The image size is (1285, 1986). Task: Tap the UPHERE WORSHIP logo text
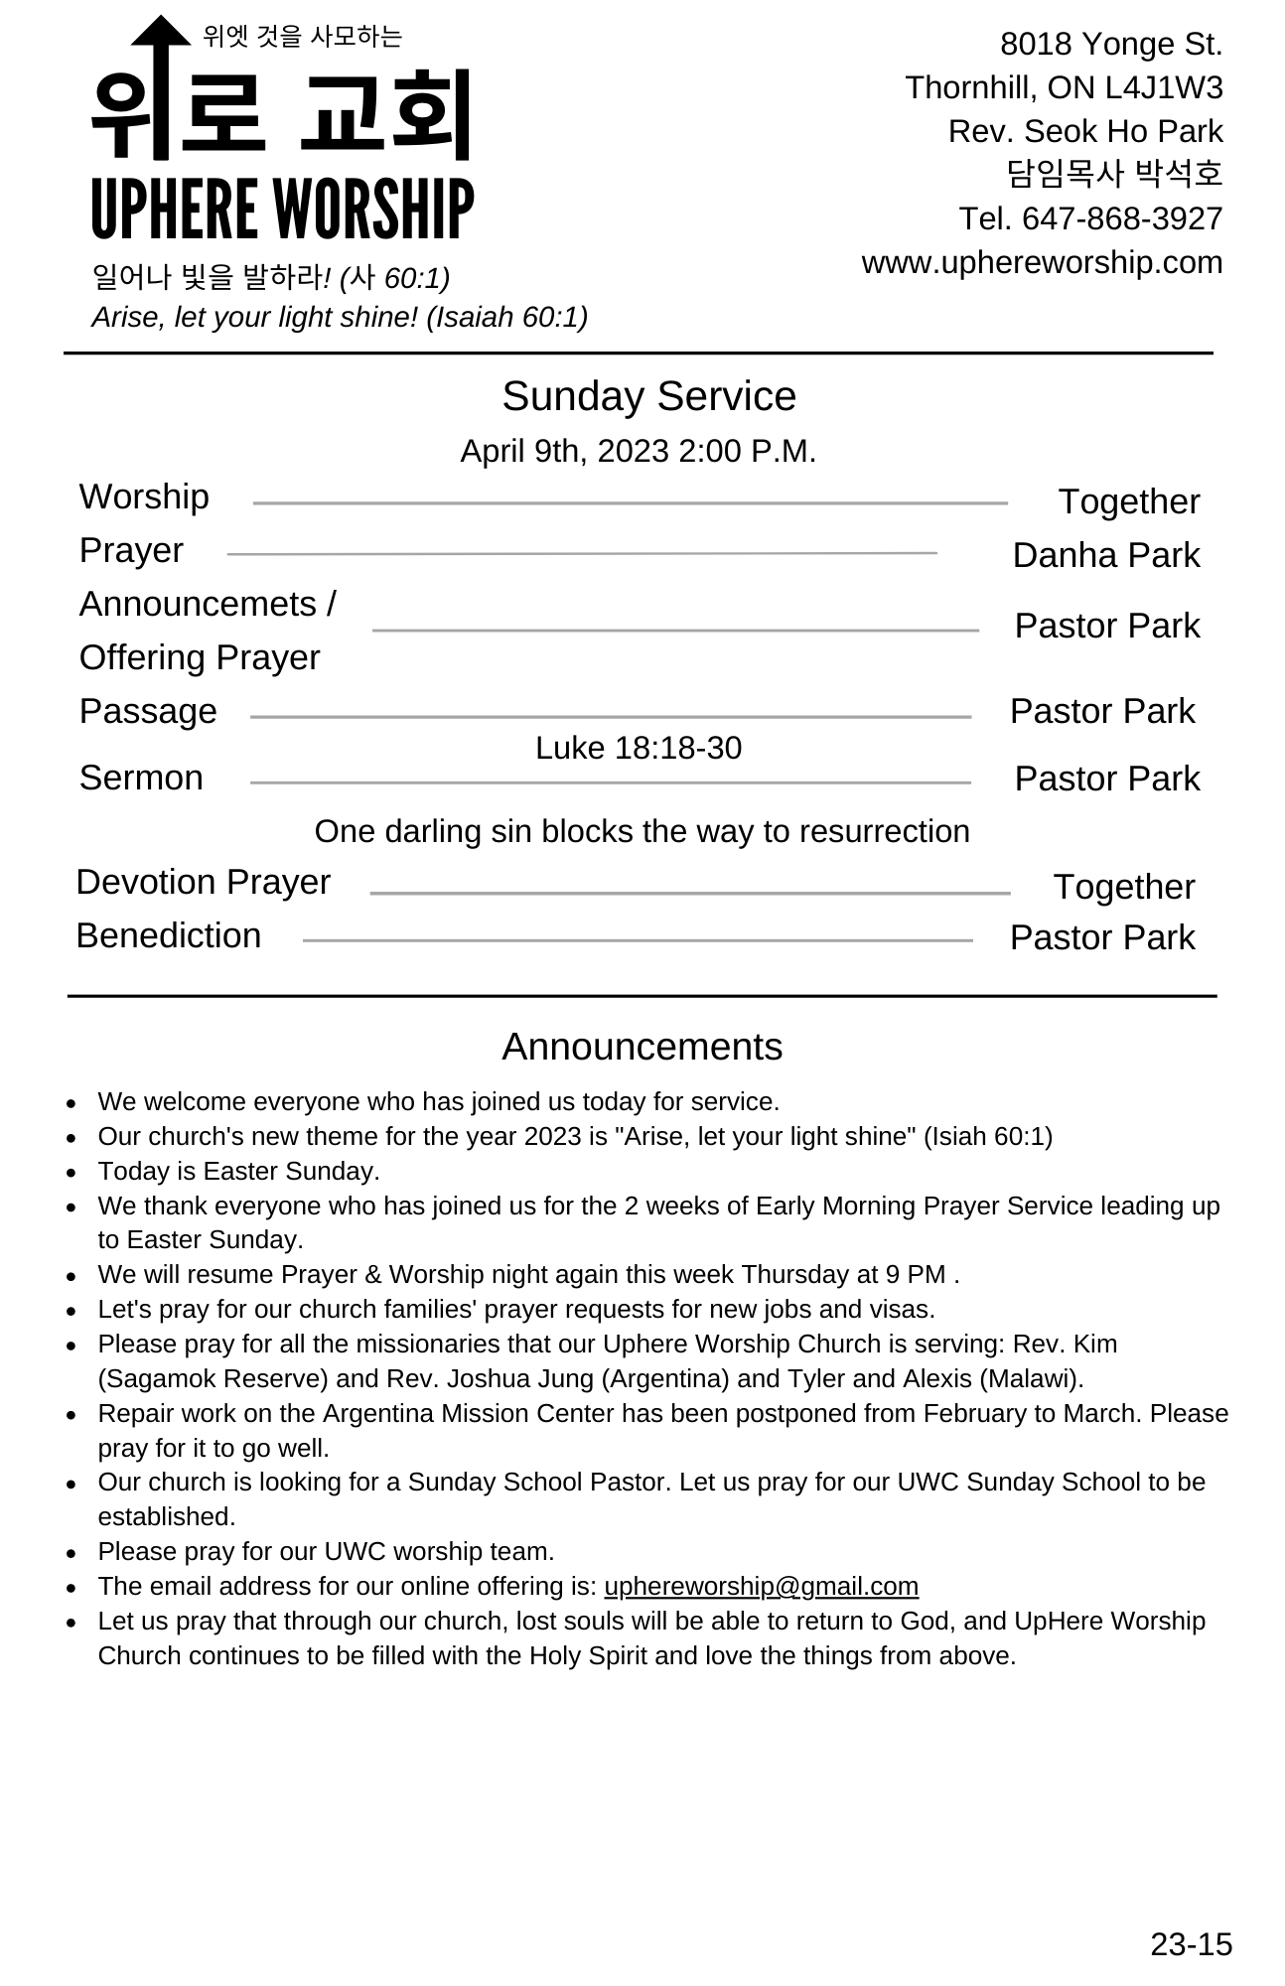(282, 209)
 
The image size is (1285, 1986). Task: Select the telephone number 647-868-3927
(1121, 218)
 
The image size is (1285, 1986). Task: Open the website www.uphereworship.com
(1042, 262)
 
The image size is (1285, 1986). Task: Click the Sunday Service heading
(648, 396)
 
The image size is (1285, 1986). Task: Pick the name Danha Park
(1105, 555)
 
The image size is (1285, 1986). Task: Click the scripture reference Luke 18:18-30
(638, 748)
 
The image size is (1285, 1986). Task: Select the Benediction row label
(168, 935)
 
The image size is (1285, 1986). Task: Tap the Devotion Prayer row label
(203, 882)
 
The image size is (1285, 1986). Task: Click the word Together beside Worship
(1128, 501)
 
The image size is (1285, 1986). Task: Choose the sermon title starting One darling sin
(642, 831)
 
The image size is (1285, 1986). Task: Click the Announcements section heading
(642, 1047)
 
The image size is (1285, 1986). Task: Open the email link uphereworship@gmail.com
(761, 1586)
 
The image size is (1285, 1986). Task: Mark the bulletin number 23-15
(1191, 1943)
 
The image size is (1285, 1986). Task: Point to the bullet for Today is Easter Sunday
(71, 1173)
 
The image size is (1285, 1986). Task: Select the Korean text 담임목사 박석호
(1114, 174)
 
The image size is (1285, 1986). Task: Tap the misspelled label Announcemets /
(208, 604)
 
